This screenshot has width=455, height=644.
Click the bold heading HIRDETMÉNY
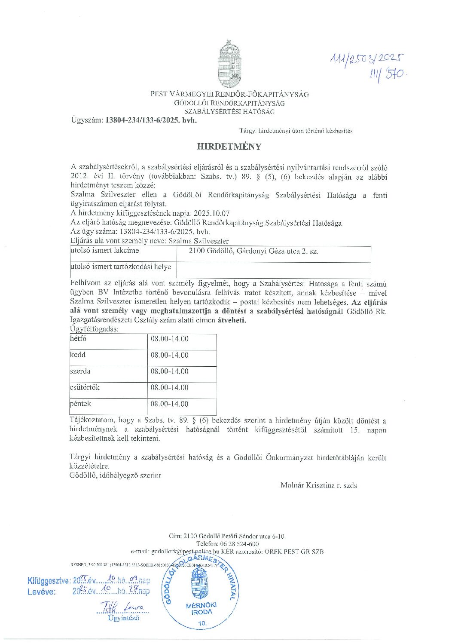(x=229, y=147)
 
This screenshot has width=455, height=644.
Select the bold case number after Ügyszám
(x=151, y=120)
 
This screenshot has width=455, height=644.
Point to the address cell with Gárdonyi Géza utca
(x=253, y=251)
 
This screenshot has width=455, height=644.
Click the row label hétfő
(x=78, y=339)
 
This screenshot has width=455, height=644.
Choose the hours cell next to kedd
(x=169, y=355)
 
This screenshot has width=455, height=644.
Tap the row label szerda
(x=80, y=371)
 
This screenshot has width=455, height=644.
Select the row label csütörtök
(x=85, y=387)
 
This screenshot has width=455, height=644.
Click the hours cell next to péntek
(x=169, y=404)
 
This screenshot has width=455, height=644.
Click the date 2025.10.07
(x=212, y=213)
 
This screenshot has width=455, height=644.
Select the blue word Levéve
(x=41, y=592)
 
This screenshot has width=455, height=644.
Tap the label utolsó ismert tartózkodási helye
(x=121, y=267)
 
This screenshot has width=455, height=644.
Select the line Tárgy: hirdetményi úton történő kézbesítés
(x=296, y=131)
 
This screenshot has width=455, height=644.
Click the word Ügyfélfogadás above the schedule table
(x=94, y=329)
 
